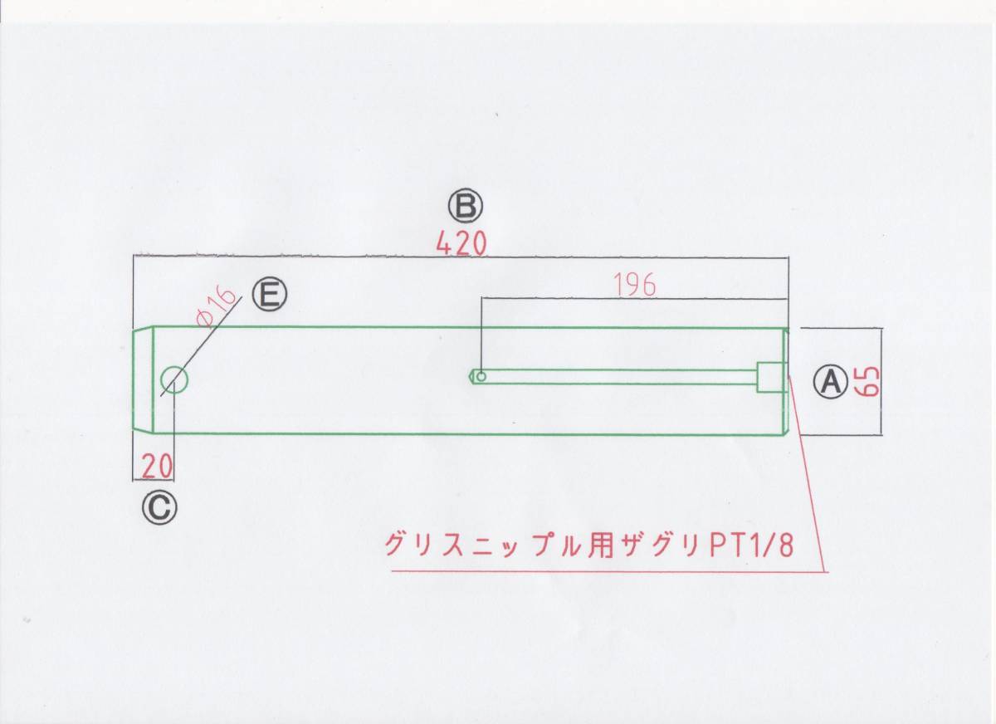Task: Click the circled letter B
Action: coord(464,204)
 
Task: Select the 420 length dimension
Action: coord(463,243)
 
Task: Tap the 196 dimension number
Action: coord(636,285)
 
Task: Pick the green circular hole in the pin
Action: coord(174,380)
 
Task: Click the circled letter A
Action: coord(828,381)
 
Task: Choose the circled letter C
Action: coord(159,506)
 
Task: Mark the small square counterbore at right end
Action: coord(771,377)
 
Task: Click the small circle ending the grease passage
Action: coord(481,375)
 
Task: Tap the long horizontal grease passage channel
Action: coord(622,377)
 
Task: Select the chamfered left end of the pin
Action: coord(144,380)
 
